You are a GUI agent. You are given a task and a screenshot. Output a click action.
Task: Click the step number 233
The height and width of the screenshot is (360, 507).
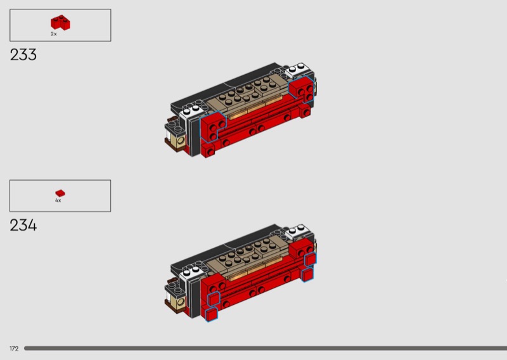pos(23,55)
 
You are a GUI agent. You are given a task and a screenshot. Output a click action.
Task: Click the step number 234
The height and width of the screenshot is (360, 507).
pos(23,225)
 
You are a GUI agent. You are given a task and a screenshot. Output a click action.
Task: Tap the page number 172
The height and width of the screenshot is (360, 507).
pos(14,349)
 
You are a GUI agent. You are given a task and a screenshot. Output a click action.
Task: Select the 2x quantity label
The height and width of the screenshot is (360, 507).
pos(54,34)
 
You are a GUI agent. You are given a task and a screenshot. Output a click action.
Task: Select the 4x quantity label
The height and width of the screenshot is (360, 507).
pos(58,200)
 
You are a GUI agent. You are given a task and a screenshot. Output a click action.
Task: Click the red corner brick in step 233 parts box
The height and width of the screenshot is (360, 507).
pos(60,23)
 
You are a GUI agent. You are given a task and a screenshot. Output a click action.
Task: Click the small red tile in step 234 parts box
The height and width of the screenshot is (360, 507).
pos(60,193)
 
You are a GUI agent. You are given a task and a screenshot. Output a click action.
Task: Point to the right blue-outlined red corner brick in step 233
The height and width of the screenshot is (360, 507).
pos(302,88)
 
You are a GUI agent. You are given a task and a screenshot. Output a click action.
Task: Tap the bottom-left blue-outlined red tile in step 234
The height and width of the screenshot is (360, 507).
pos(212,314)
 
